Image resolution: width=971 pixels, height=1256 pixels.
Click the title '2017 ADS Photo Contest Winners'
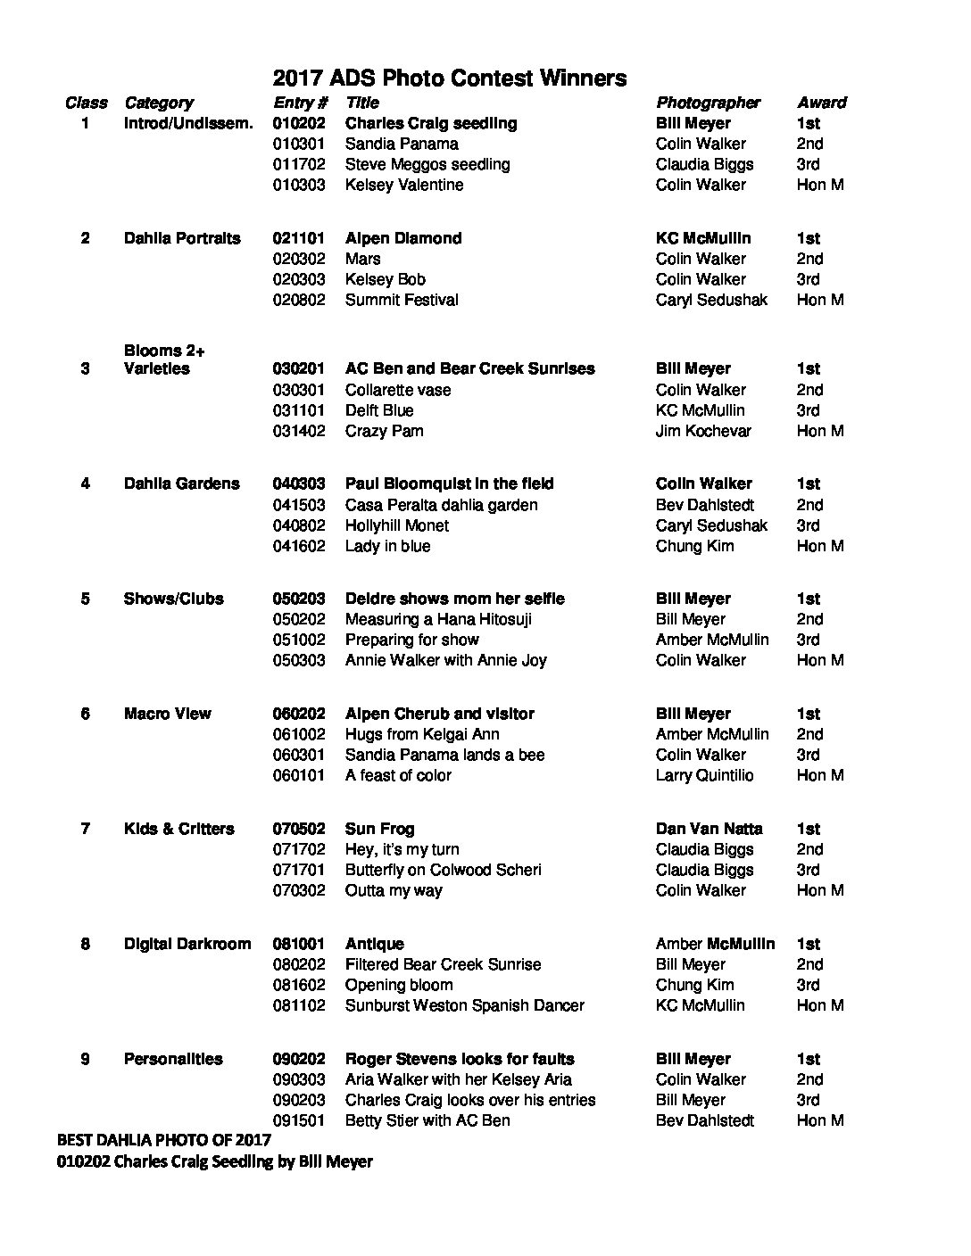[x=449, y=78]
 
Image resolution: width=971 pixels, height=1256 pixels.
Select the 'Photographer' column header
[x=708, y=103]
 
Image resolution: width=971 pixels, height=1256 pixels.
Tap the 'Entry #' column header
[x=301, y=103]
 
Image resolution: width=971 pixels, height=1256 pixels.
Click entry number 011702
[x=299, y=164]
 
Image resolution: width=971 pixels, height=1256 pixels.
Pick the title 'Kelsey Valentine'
[x=404, y=185]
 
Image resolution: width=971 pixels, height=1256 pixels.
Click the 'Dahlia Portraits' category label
[x=182, y=238]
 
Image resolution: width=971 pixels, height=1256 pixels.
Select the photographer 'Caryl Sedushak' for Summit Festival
[x=711, y=300]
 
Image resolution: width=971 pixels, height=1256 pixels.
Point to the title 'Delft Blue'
[x=379, y=410]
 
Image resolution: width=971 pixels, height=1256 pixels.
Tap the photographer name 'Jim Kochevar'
[x=703, y=431]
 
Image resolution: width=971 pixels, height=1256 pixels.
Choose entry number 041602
[x=299, y=546]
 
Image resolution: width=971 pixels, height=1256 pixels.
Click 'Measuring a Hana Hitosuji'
[x=438, y=619]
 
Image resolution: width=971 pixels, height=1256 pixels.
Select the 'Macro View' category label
[x=168, y=714]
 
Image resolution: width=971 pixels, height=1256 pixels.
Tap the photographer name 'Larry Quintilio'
[x=704, y=775]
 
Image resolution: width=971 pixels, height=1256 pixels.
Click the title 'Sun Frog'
[x=379, y=829]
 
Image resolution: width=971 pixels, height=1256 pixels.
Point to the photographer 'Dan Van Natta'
[x=709, y=829]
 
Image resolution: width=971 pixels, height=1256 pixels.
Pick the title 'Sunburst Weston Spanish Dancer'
[x=464, y=1005]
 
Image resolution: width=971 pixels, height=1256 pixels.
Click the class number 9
[x=85, y=1059]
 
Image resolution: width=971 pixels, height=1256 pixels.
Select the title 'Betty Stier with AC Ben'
[x=427, y=1120]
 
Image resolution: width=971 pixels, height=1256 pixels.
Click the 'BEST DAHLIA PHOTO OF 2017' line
[x=163, y=1140]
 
